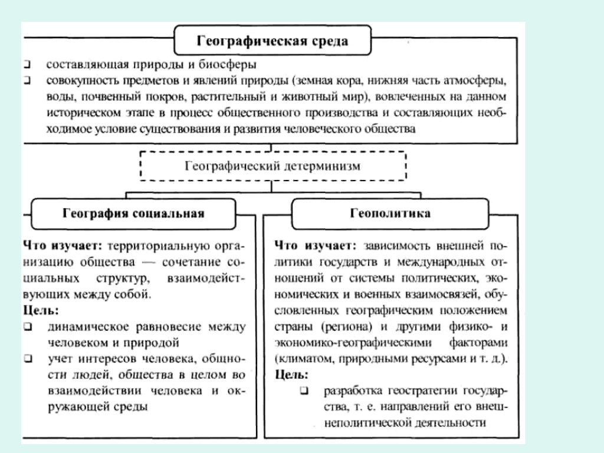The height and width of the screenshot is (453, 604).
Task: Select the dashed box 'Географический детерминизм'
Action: coord(272,166)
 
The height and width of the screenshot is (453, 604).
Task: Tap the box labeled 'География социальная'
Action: coord(133,214)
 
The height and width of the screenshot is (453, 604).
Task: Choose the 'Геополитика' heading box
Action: coord(390,214)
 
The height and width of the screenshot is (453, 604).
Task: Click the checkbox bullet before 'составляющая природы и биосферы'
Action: coord(28,64)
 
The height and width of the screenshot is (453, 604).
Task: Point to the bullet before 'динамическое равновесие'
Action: coord(28,326)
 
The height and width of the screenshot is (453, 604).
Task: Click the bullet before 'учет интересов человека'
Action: coord(28,358)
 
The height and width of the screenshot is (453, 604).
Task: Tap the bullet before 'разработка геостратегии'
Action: coord(304,390)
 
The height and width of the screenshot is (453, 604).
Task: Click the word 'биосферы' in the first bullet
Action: coord(235,64)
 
